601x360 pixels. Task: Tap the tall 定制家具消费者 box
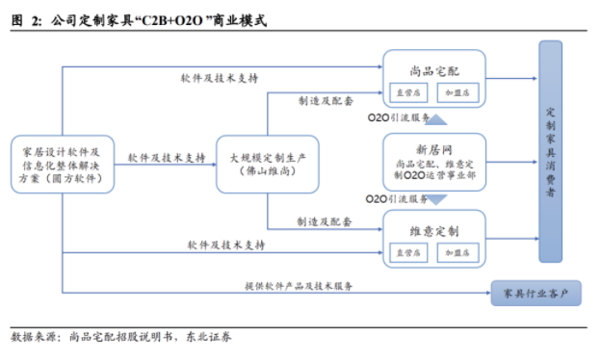pos(550,151)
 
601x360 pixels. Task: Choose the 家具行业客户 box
pos(537,293)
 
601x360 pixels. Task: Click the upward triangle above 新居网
pos(434,120)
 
